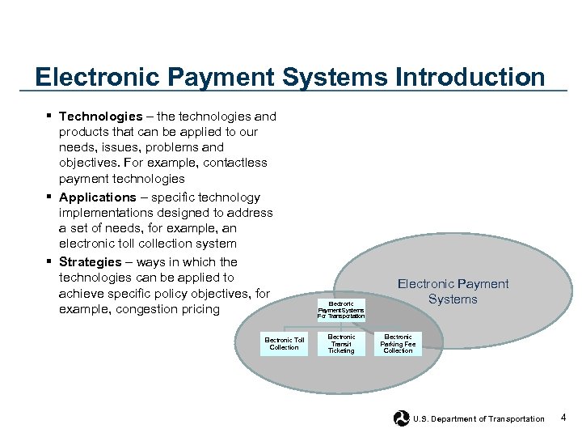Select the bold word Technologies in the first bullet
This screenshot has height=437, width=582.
(x=100, y=117)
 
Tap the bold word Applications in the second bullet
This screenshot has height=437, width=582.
(x=98, y=197)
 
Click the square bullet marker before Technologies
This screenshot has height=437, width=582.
(x=50, y=117)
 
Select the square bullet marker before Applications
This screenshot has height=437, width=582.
(x=50, y=197)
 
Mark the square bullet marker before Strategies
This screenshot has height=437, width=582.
(x=50, y=262)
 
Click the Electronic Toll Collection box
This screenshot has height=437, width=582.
(x=285, y=344)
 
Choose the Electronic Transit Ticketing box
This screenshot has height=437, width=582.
(x=341, y=344)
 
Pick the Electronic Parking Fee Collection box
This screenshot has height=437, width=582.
(x=398, y=344)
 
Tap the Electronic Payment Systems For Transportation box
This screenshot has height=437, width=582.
(x=341, y=310)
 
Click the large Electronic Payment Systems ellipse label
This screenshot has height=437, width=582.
(x=453, y=291)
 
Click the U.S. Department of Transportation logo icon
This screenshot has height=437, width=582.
(x=401, y=418)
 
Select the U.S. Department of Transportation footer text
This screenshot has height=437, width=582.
(x=479, y=419)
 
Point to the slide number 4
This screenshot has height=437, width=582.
(x=563, y=418)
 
